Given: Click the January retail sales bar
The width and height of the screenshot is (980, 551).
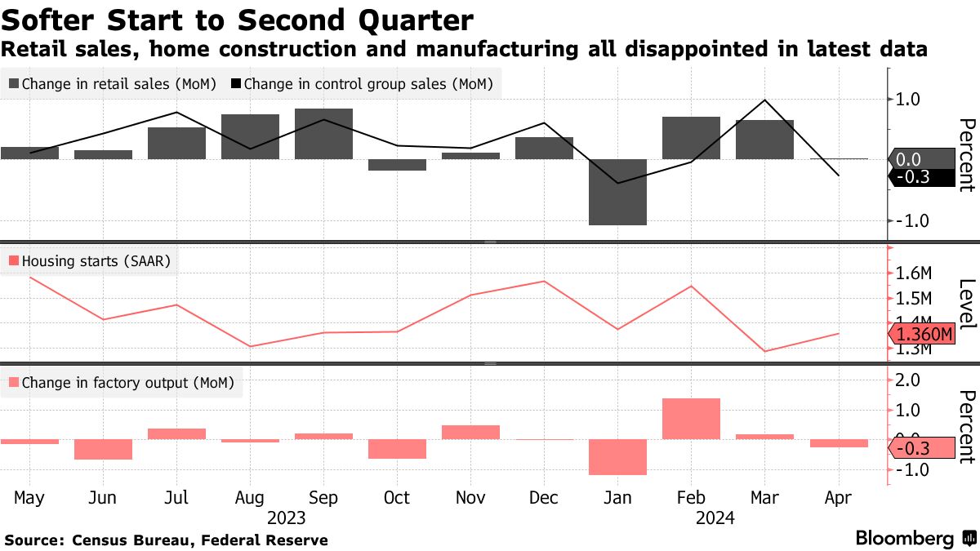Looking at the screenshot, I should (618, 192).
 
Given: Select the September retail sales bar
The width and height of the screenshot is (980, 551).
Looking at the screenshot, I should (324, 134).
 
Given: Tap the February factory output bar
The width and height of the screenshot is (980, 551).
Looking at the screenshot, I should (692, 418).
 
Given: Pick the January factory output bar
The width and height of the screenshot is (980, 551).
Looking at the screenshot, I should (618, 456).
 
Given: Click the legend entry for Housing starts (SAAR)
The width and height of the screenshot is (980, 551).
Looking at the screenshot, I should (91, 261).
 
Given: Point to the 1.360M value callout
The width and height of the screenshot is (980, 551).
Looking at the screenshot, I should (924, 335).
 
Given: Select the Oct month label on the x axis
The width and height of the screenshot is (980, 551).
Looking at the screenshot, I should (397, 497).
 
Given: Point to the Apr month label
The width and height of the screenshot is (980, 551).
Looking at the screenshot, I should (838, 497).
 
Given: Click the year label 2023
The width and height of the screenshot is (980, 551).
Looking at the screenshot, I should (286, 518).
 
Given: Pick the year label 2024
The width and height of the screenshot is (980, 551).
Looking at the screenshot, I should (715, 518).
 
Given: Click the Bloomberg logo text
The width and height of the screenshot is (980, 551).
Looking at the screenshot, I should (904, 539).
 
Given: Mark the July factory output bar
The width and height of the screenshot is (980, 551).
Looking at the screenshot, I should (177, 433).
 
